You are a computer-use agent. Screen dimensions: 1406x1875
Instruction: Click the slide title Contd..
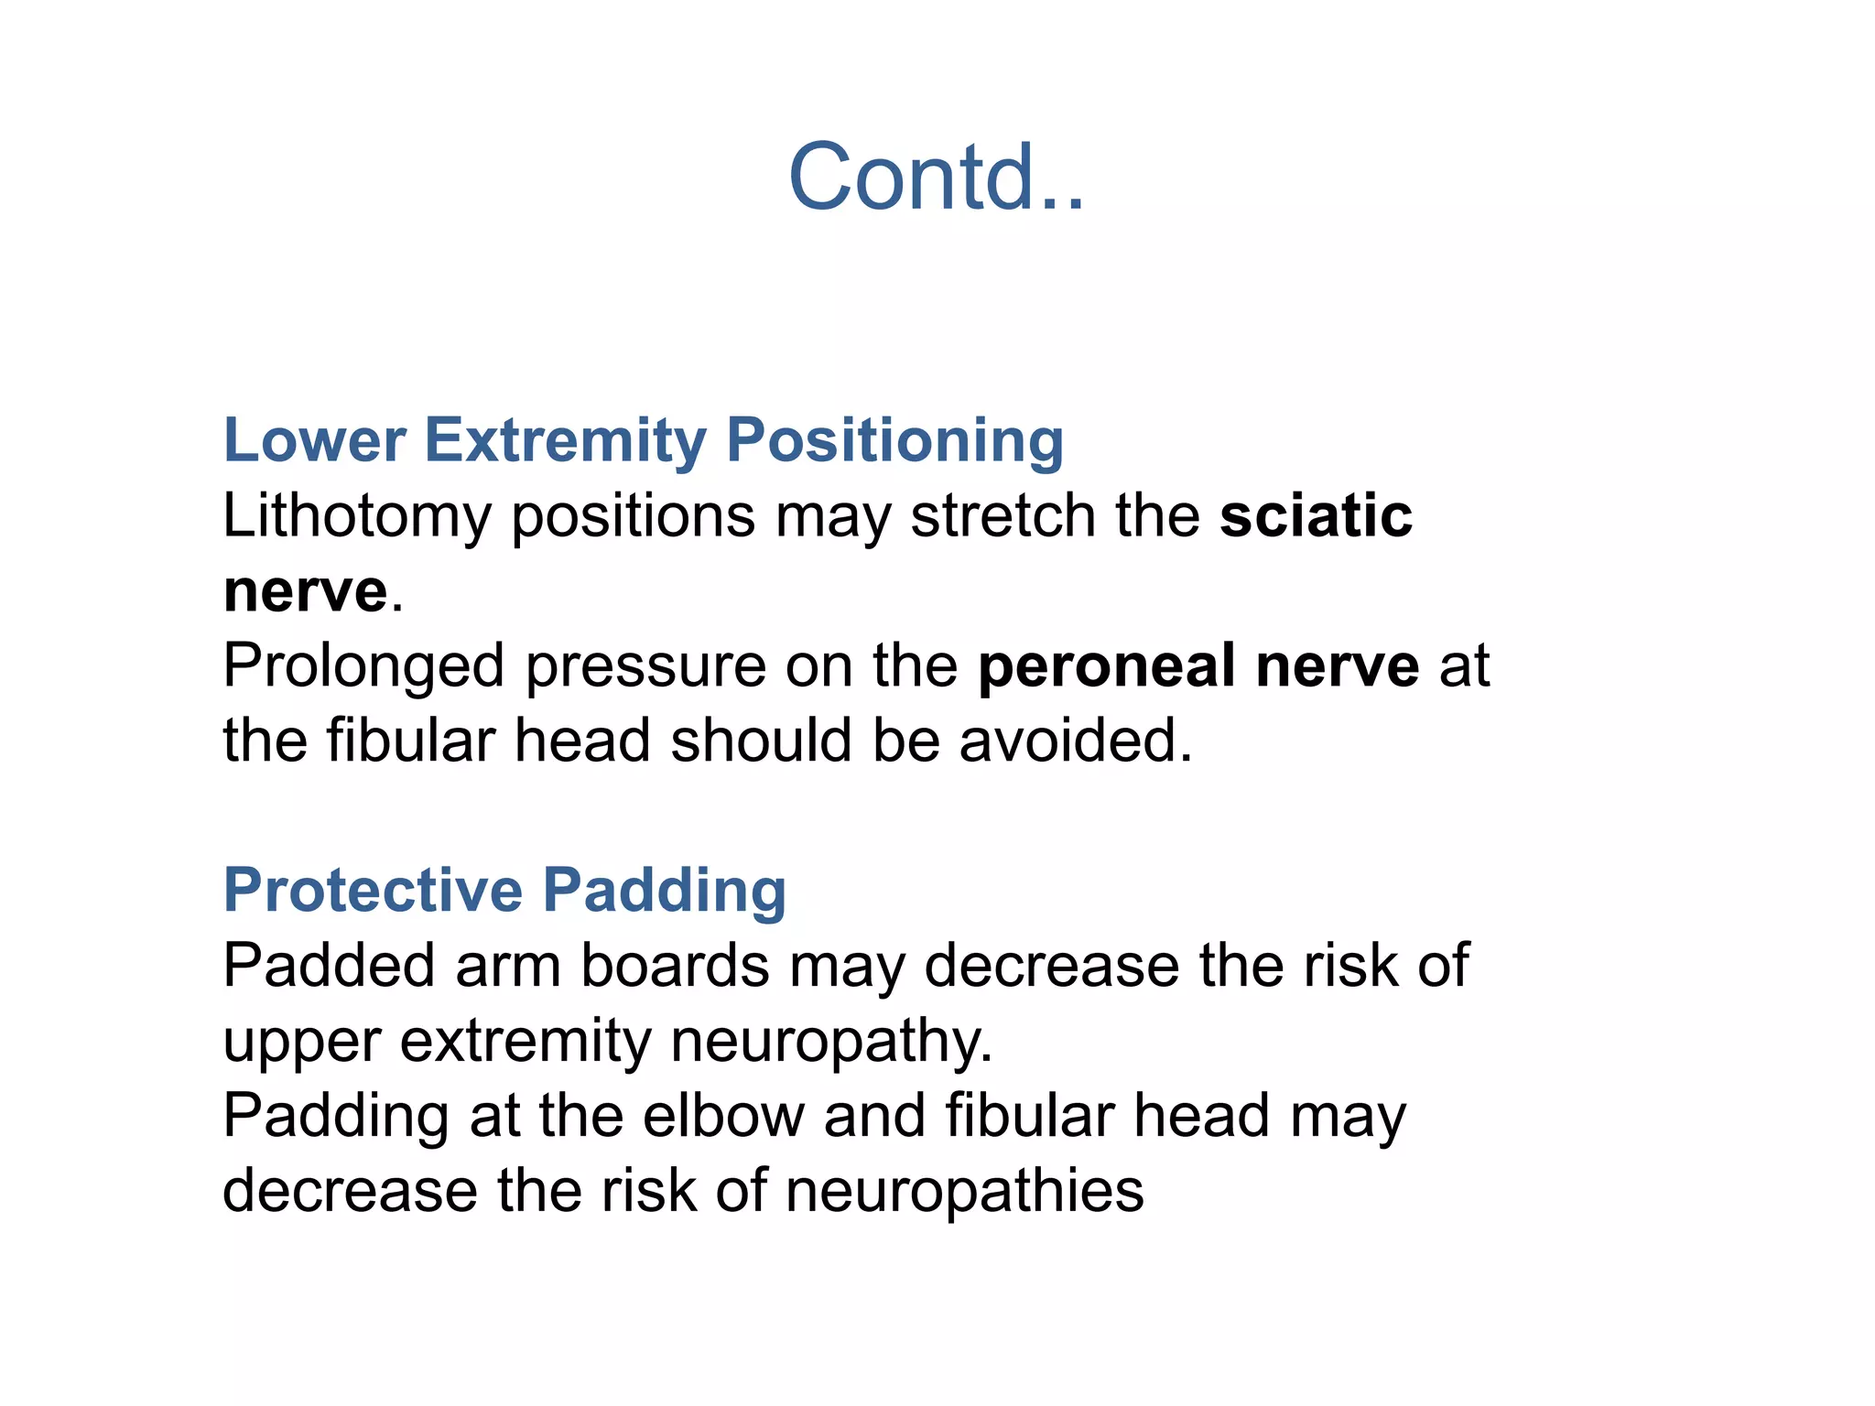(936, 178)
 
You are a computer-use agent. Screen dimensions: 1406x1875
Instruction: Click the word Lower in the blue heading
(314, 440)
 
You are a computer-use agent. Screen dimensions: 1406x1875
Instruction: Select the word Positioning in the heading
(894, 440)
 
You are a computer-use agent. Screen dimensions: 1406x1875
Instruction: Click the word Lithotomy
(357, 516)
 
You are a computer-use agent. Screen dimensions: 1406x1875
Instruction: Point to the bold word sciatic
(1316, 516)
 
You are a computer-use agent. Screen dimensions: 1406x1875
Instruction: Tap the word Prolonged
(363, 666)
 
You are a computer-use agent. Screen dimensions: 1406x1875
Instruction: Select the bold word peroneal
(1106, 666)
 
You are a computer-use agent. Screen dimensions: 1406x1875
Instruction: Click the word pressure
(645, 666)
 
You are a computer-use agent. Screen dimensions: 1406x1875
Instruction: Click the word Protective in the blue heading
(373, 891)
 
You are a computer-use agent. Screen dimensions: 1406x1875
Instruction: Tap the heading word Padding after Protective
(664, 891)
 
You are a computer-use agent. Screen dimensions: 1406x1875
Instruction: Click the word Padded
(329, 966)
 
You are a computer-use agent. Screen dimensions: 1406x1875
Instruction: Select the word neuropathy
(831, 1041)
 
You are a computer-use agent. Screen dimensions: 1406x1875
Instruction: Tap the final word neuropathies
(964, 1191)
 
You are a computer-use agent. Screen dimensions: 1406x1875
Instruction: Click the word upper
(302, 1043)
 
